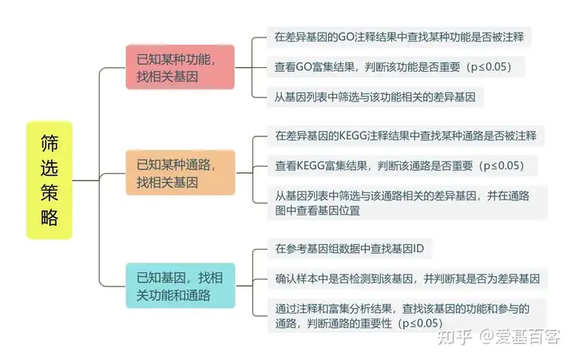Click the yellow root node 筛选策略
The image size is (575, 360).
(x=49, y=180)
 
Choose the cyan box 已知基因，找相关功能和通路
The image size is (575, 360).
(x=180, y=286)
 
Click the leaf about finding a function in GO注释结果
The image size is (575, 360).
(x=399, y=38)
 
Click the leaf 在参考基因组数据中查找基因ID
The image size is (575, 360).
(x=349, y=250)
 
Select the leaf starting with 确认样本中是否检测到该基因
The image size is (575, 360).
(x=406, y=279)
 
